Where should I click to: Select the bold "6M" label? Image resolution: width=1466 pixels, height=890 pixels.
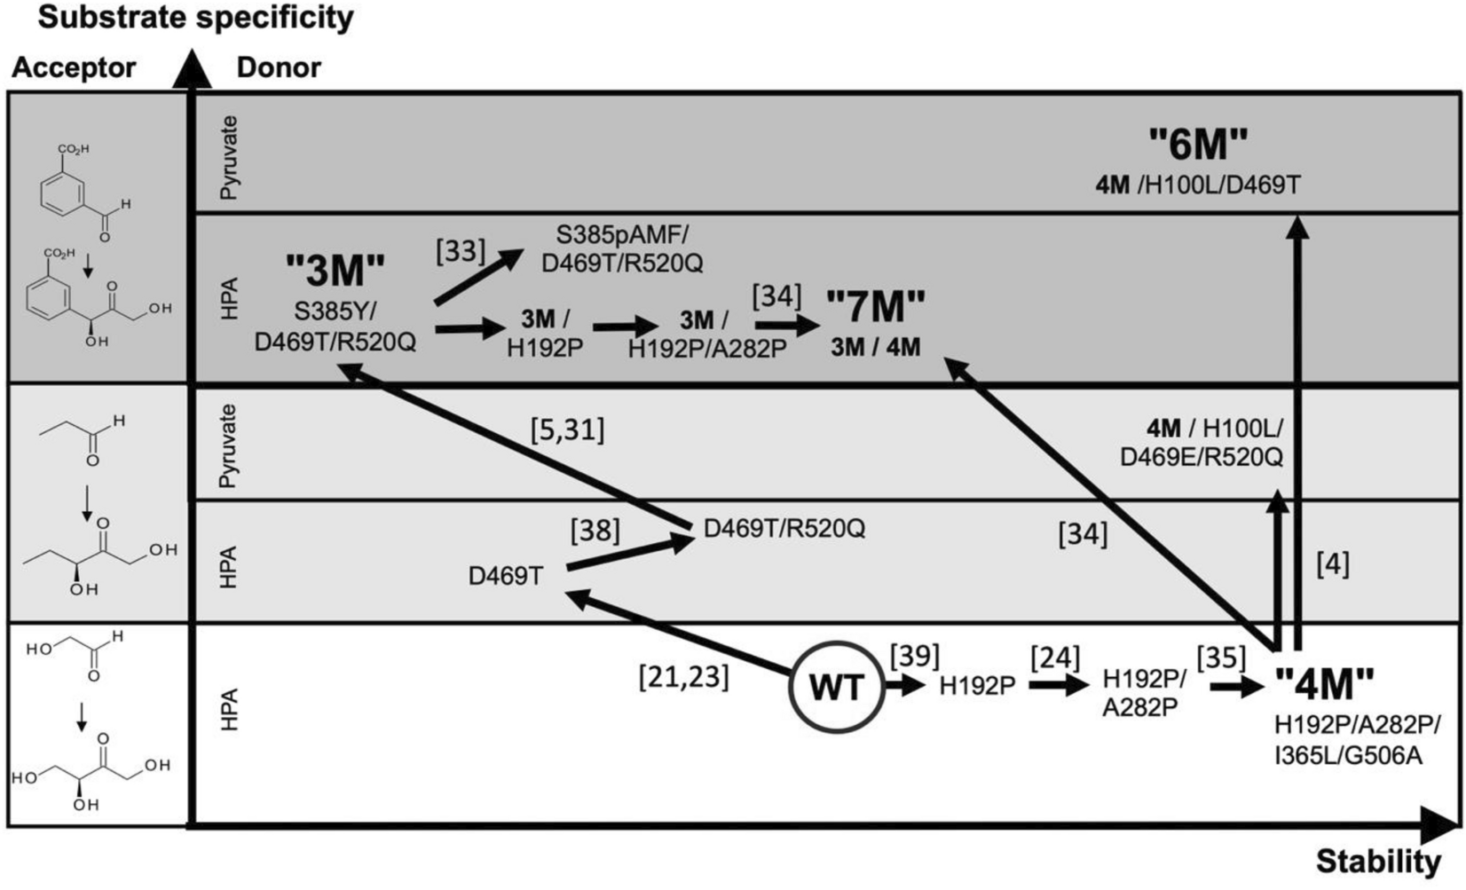click(1198, 145)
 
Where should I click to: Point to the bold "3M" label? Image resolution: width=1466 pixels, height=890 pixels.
click(335, 271)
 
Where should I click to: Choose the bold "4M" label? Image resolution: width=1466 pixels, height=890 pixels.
click(1324, 684)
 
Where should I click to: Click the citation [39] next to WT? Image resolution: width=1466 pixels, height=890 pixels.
click(914, 655)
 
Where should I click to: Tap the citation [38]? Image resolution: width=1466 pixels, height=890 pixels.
click(595, 532)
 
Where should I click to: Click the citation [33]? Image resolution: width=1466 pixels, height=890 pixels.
click(461, 251)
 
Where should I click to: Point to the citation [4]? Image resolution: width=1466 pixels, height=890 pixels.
click(1332, 564)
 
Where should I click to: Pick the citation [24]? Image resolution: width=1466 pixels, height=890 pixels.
click(1055, 658)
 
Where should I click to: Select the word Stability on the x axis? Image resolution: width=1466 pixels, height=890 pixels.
click(1378, 861)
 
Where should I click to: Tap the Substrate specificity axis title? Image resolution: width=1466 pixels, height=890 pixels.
click(195, 17)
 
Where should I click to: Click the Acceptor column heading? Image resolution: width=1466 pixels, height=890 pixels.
click(74, 67)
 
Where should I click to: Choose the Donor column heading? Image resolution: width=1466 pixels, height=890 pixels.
click(279, 67)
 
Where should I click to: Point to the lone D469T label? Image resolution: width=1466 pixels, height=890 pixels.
click(506, 577)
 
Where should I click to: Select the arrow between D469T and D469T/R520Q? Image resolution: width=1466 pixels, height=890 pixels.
click(630, 553)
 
